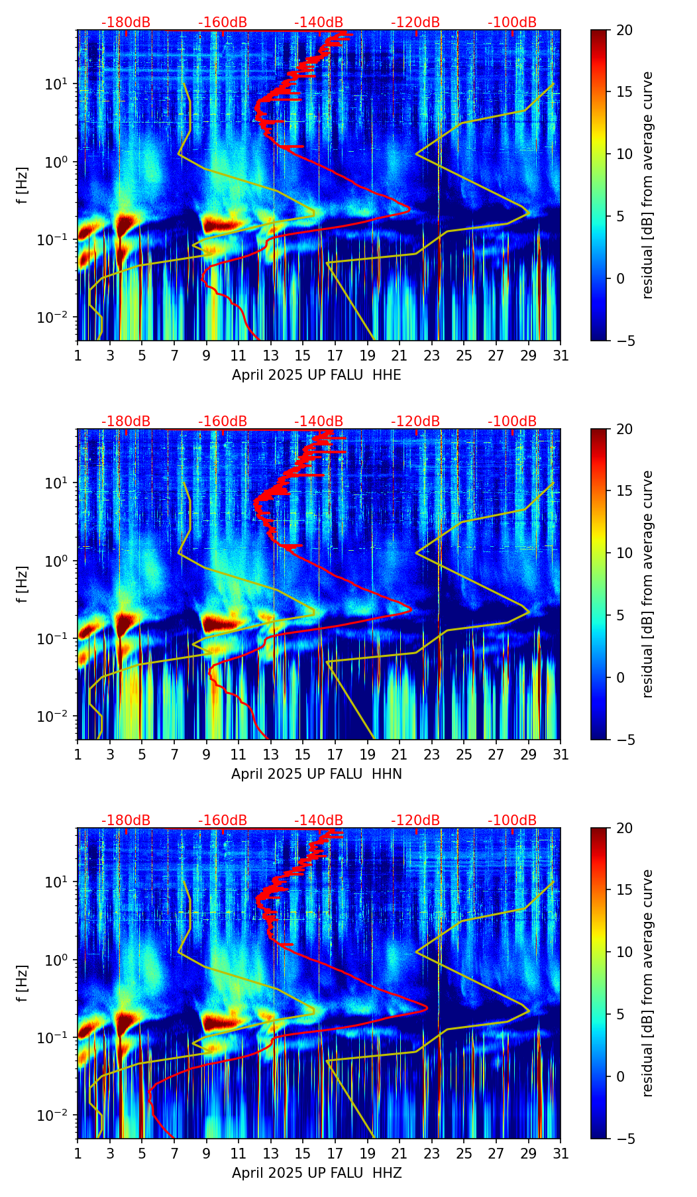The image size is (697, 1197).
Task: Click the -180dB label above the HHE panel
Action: point(126,23)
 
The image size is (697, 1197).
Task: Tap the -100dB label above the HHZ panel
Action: point(512,821)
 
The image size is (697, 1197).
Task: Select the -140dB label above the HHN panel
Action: point(319,422)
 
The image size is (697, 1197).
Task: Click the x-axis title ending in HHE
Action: point(316,375)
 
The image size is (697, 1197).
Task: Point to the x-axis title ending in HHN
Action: point(316,774)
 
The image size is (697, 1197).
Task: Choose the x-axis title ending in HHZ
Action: point(316,1173)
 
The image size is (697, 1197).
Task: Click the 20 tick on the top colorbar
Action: point(624,30)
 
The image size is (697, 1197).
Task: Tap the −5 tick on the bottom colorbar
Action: point(624,1139)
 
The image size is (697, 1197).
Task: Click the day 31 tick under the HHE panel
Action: point(561,356)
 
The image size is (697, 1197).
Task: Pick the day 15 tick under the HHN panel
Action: point(303,755)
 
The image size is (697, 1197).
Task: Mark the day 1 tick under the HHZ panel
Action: point(78,1154)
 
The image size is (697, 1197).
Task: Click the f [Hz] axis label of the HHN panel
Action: point(23,584)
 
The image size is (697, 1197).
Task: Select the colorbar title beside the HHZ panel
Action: point(648,983)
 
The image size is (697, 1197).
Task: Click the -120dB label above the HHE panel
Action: point(415,23)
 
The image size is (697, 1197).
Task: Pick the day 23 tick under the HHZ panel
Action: point(432,1154)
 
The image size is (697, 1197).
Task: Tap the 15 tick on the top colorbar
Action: point(624,92)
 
